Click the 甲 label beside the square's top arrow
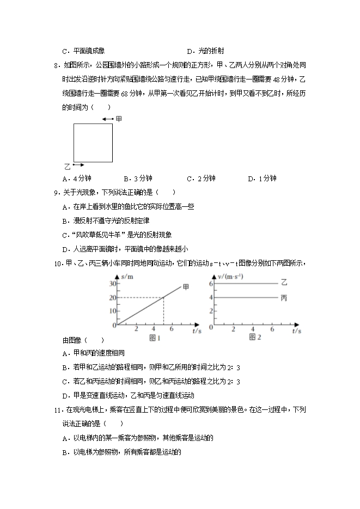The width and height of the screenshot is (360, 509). pyautogui.click(x=119, y=118)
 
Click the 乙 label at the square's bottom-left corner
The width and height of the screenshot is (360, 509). pyautogui.click(x=68, y=164)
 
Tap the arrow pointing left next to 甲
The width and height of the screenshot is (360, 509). pyautogui.click(x=107, y=119)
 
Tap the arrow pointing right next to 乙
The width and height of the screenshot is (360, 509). pyautogui.click(x=78, y=164)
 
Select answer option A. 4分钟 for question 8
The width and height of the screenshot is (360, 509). pyautogui.click(x=77, y=179)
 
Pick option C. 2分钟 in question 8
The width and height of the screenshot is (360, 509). pyautogui.click(x=201, y=179)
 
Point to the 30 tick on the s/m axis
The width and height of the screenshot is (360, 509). pyautogui.click(x=113, y=284)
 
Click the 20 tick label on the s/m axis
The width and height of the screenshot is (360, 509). pyautogui.click(x=113, y=297)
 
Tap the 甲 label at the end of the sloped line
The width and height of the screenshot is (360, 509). pyautogui.click(x=186, y=287)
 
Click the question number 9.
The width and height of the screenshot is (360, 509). pyautogui.click(x=56, y=192)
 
